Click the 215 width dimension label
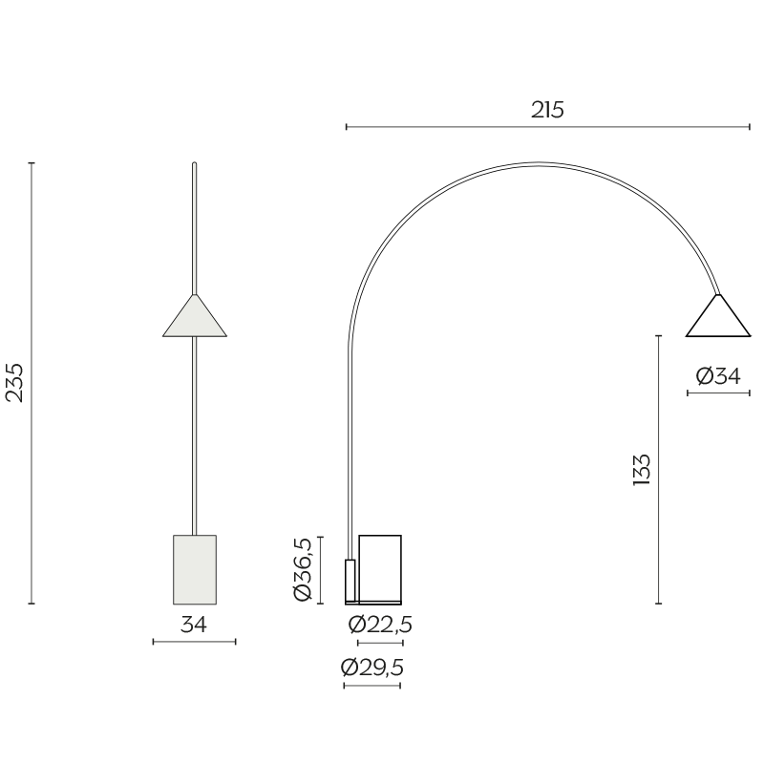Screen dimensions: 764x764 point(547,110)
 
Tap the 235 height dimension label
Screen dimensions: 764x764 point(15,382)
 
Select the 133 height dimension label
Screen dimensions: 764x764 point(642,470)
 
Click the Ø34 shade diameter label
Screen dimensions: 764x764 point(718,376)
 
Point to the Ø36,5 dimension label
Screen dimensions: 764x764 point(303,569)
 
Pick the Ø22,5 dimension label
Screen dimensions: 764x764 point(380,625)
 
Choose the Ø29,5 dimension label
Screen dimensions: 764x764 point(372,668)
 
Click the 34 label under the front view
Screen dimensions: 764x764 point(194,625)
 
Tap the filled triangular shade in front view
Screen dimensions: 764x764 point(195,319)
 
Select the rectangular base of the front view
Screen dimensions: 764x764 point(195,569)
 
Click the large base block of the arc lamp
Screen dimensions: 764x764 point(380,567)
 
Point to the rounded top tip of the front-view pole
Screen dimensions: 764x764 point(194,164)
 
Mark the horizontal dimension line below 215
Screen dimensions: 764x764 point(547,126)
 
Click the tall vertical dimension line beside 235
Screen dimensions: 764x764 point(32,382)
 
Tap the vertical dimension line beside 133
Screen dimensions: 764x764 point(659,470)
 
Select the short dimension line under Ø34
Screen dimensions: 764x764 point(718,393)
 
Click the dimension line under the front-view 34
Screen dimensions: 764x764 point(194,642)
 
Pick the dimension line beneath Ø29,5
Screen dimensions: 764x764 point(371,686)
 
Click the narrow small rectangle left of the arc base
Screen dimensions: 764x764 point(350,581)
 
